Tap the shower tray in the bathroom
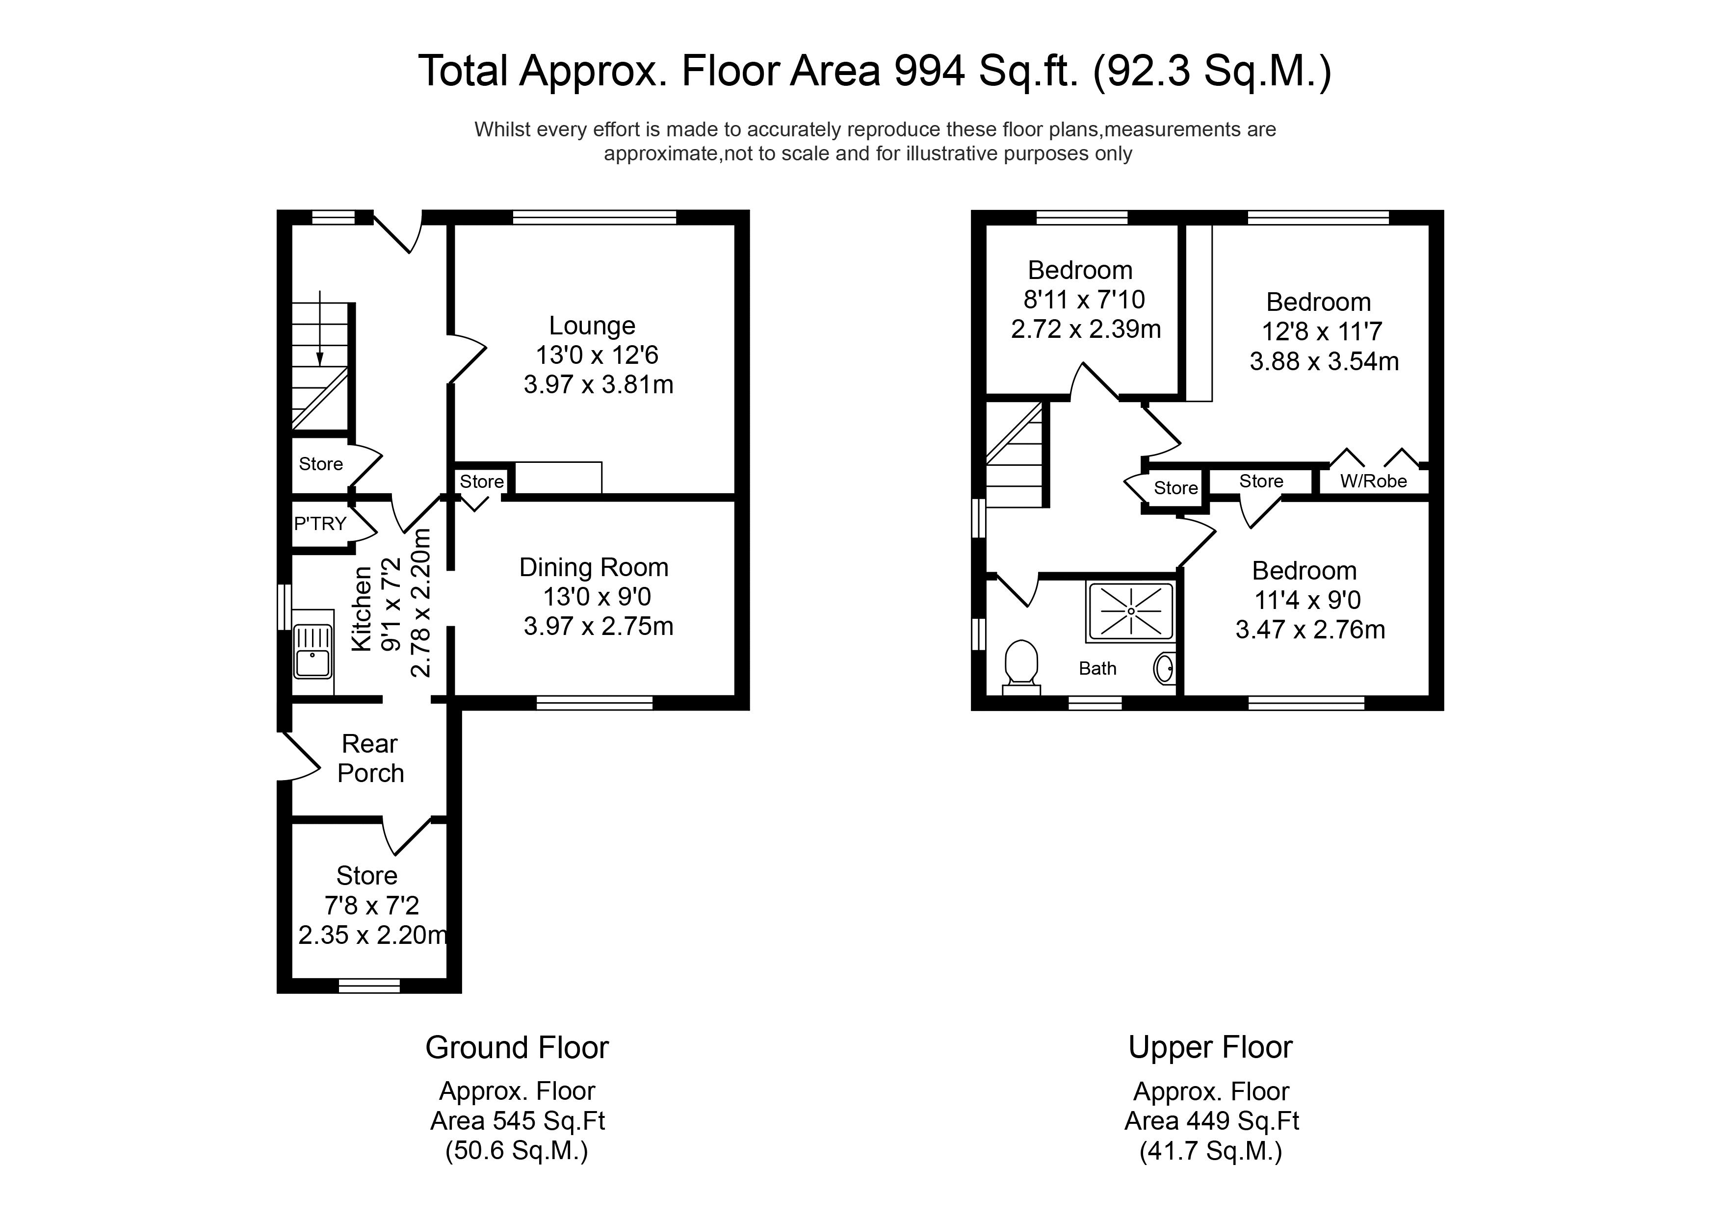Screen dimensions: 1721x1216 click(x=1130, y=612)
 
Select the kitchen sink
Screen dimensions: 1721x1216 click(x=313, y=651)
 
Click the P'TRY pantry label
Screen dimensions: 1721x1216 click(x=320, y=524)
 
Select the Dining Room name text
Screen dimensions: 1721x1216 click(x=594, y=567)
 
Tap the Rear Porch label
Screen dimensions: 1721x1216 click(x=370, y=758)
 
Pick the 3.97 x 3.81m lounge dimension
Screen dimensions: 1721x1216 click(x=598, y=384)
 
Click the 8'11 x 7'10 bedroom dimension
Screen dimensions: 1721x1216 click(x=1084, y=300)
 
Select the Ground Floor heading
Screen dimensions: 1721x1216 click(x=517, y=1047)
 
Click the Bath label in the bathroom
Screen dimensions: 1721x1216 click(x=1097, y=668)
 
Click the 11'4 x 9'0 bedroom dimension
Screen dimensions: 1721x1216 click(x=1307, y=600)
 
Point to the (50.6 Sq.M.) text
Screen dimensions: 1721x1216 click(x=517, y=1150)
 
